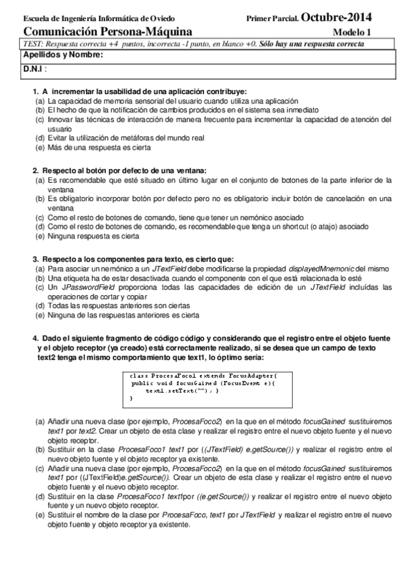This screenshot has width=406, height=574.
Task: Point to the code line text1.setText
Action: [182, 391]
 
